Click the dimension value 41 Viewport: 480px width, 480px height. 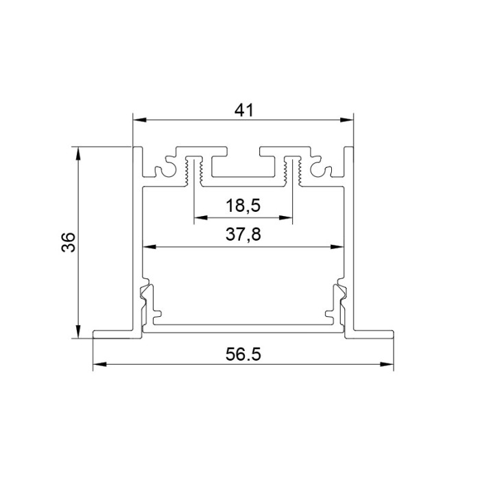[244, 110]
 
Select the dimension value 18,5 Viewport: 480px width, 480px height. [243, 205]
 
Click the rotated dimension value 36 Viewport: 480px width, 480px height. [68, 242]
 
